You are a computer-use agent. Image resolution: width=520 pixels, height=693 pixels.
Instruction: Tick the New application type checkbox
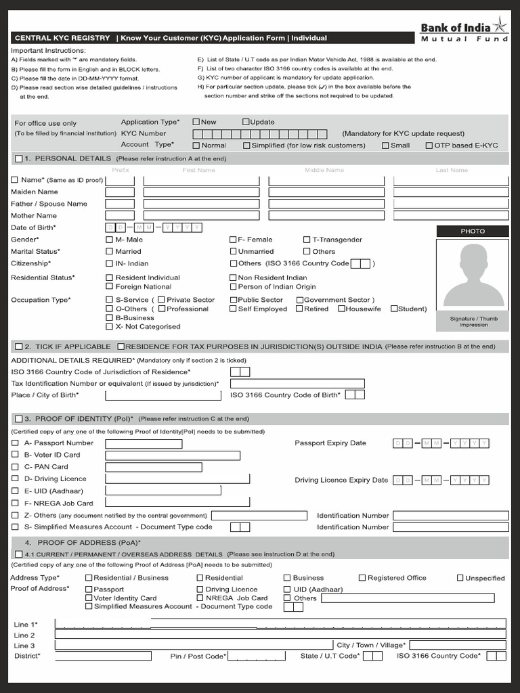[196, 122]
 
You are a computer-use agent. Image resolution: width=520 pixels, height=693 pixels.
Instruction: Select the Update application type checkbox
[246, 122]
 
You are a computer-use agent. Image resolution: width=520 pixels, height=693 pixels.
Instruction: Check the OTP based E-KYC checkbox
[429, 145]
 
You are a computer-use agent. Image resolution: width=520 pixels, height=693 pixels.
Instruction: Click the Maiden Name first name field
[201, 192]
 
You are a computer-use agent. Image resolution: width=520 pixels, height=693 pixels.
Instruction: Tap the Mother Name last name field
[451, 215]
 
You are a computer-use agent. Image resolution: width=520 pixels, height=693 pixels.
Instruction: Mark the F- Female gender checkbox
[234, 240]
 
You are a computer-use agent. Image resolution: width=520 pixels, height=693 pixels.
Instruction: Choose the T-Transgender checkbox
[307, 240]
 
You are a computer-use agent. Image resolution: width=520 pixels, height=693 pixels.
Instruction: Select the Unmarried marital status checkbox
[234, 251]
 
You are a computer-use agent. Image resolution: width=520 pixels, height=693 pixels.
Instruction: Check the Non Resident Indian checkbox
[234, 277]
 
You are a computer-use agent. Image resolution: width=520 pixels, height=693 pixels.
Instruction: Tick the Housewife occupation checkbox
[341, 309]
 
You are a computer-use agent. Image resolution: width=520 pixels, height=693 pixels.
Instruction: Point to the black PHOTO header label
[473, 231]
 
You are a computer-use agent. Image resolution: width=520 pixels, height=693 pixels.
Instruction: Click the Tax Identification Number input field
[297, 384]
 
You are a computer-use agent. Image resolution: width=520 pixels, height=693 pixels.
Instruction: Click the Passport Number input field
[144, 443]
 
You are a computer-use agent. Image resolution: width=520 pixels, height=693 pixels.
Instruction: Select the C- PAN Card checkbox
[16, 466]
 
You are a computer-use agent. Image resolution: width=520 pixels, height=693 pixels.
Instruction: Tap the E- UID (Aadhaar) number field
[163, 491]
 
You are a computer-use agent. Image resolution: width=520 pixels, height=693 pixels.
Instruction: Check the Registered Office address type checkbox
[362, 578]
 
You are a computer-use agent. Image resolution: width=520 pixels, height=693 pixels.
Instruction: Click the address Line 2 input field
[280, 635]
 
